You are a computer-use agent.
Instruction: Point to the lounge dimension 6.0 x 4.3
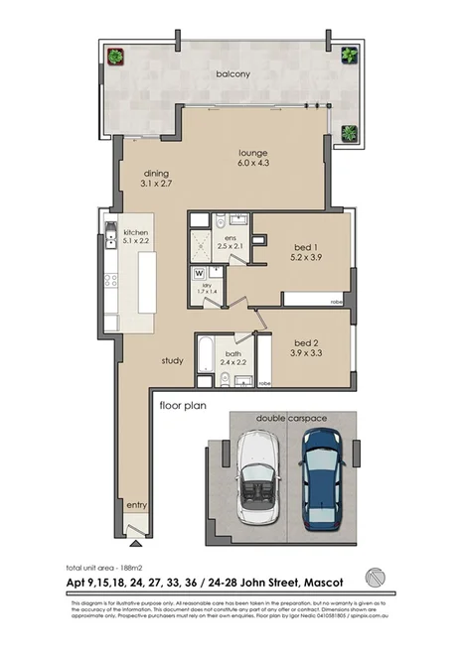coord(253,165)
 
